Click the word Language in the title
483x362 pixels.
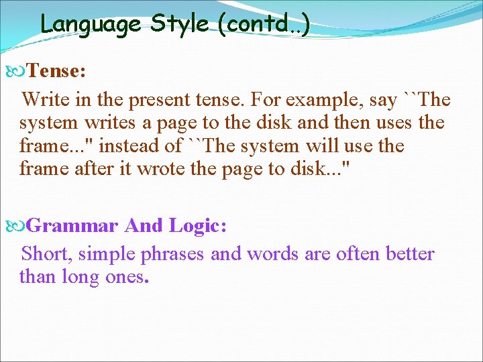[91, 24]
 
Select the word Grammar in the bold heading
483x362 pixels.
[72, 226]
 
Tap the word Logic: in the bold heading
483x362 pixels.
[198, 226]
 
